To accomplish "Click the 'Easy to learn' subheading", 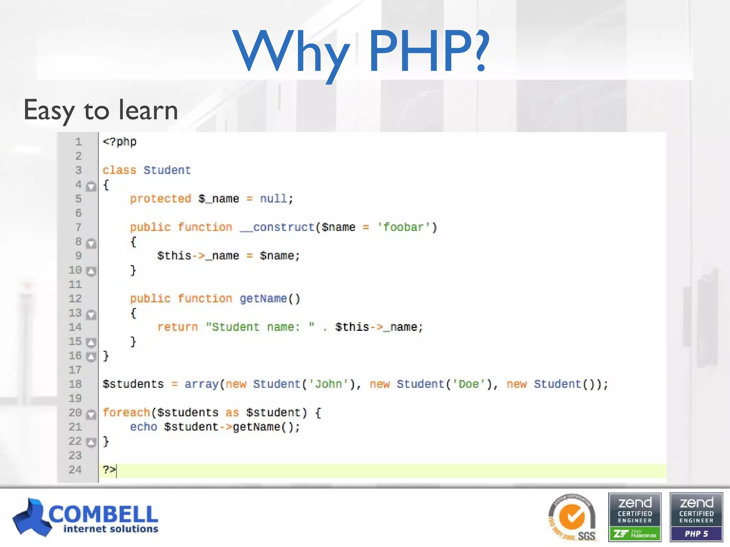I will (101, 110).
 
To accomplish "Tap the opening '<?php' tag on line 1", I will (119, 142).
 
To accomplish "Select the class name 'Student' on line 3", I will (167, 170).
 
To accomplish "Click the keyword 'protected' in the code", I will (160, 199).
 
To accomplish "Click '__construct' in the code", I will (277, 227).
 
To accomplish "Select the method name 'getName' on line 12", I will (263, 298).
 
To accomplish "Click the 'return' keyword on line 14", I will (178, 327).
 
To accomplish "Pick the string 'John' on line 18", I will (328, 384).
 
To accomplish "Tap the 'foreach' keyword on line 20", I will (126, 412).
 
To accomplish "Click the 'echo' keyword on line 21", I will (143, 427).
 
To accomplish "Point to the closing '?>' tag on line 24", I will (109, 470).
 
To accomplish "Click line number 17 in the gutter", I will (75, 370).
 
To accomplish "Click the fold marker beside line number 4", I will (91, 186).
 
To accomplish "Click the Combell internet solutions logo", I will (86, 517).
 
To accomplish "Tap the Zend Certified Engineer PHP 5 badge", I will (696, 517).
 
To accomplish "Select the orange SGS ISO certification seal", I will (572, 517).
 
